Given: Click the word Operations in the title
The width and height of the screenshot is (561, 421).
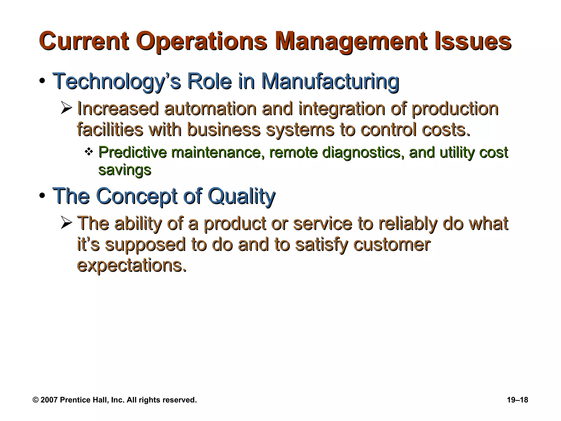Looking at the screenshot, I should tap(201, 42).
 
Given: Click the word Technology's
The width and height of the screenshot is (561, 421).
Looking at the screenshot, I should tap(116, 81).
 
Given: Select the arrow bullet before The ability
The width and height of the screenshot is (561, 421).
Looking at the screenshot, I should tap(66, 223).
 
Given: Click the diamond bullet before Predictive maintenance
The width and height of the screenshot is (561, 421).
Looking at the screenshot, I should tap(88, 151).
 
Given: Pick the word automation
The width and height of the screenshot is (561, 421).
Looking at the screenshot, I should tap(210, 109).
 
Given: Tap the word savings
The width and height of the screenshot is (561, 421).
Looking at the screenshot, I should tap(125, 170).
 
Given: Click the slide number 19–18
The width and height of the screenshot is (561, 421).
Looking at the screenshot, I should tap(517, 400).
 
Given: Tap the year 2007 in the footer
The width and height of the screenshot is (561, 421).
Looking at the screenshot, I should tap(49, 400).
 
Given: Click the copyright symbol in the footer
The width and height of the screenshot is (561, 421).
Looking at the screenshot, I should tap(35, 400).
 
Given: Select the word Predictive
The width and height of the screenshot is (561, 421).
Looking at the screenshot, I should tap(132, 152).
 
